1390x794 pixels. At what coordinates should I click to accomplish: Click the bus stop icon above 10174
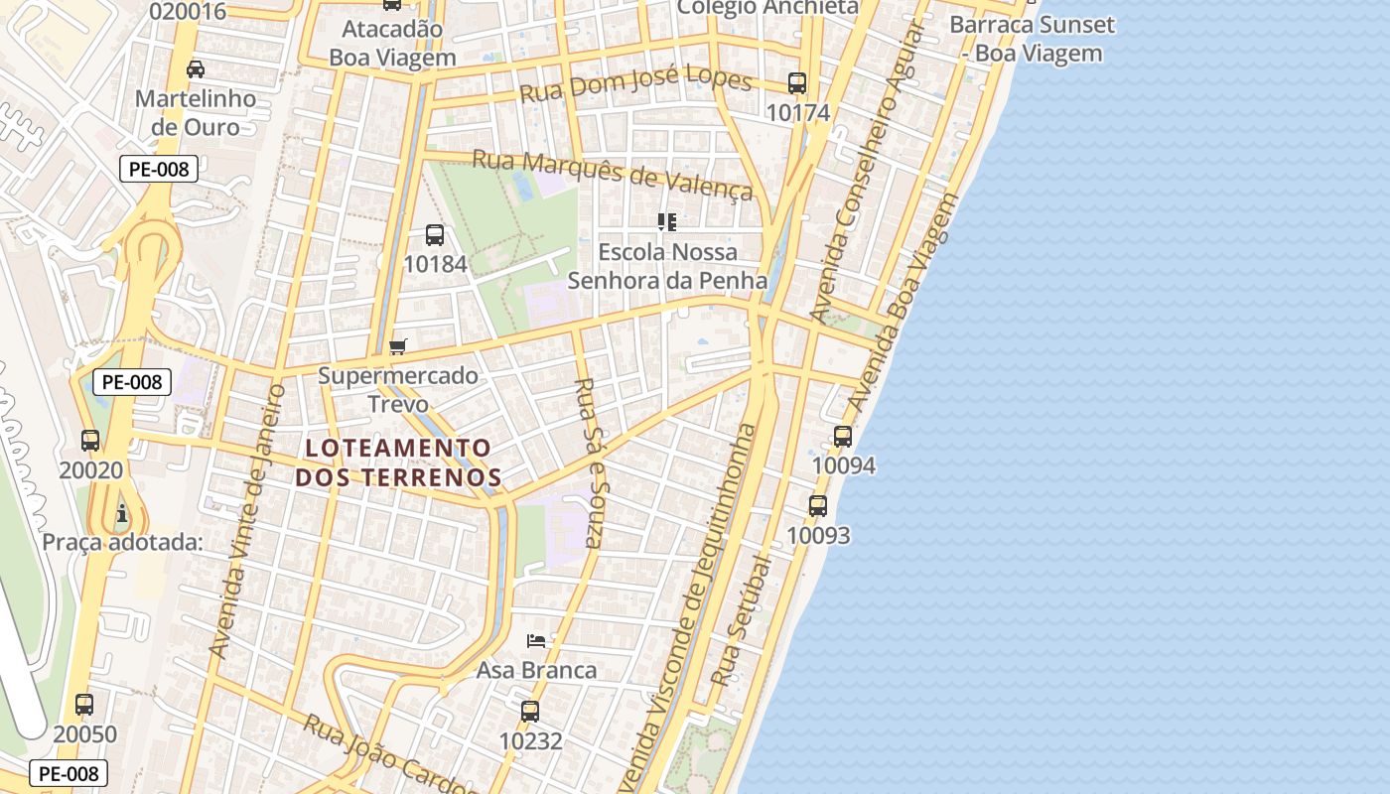(x=797, y=83)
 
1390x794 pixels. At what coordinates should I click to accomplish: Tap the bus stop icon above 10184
(x=435, y=235)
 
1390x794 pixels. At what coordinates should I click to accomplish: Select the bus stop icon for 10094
(x=843, y=436)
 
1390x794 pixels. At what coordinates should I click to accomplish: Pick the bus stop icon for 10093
(x=818, y=506)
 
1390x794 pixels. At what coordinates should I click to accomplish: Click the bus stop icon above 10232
(x=530, y=711)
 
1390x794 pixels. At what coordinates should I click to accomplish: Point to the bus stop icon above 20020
(x=90, y=440)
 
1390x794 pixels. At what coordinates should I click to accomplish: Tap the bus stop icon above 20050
(x=84, y=705)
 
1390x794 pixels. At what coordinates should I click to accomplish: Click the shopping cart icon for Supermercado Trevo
(x=398, y=346)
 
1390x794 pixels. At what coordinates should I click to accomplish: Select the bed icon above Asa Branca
(x=536, y=640)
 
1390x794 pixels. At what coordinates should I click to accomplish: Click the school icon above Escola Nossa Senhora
(x=667, y=222)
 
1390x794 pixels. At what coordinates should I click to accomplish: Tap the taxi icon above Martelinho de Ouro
(x=196, y=69)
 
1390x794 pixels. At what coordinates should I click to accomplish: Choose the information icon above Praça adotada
(x=122, y=513)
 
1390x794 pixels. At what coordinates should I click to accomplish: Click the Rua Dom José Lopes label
(x=636, y=87)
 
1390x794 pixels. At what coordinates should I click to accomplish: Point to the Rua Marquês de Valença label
(x=613, y=174)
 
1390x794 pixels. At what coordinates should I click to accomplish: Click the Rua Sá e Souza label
(x=590, y=463)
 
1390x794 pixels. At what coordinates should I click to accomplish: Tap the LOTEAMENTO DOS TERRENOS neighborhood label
(x=398, y=463)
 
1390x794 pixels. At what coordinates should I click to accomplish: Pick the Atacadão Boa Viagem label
(x=392, y=44)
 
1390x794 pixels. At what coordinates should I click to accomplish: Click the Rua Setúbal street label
(x=742, y=621)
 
